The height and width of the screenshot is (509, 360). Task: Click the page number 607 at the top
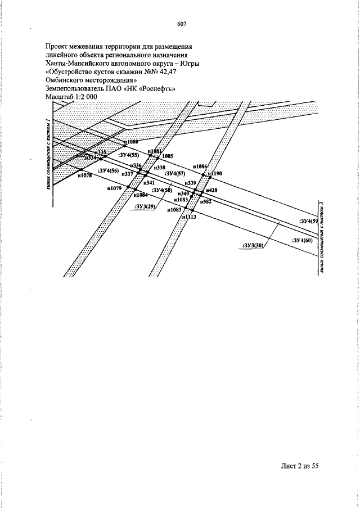tap(181, 24)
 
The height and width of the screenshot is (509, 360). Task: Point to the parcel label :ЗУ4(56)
tap(108, 170)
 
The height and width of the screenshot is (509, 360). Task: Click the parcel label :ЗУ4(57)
tap(174, 174)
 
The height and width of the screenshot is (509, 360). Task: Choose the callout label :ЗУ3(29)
tap(146, 207)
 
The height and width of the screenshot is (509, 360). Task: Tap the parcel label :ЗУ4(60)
tap(303, 240)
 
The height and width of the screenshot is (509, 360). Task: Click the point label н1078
tap(84, 176)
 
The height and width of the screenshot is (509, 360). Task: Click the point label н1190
tap(215, 174)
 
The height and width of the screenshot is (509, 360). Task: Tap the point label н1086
tap(200, 166)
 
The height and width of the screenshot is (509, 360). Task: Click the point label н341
tap(149, 183)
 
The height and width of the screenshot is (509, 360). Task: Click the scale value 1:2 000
tap(84, 97)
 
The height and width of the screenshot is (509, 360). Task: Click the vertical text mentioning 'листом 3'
tap(321, 237)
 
